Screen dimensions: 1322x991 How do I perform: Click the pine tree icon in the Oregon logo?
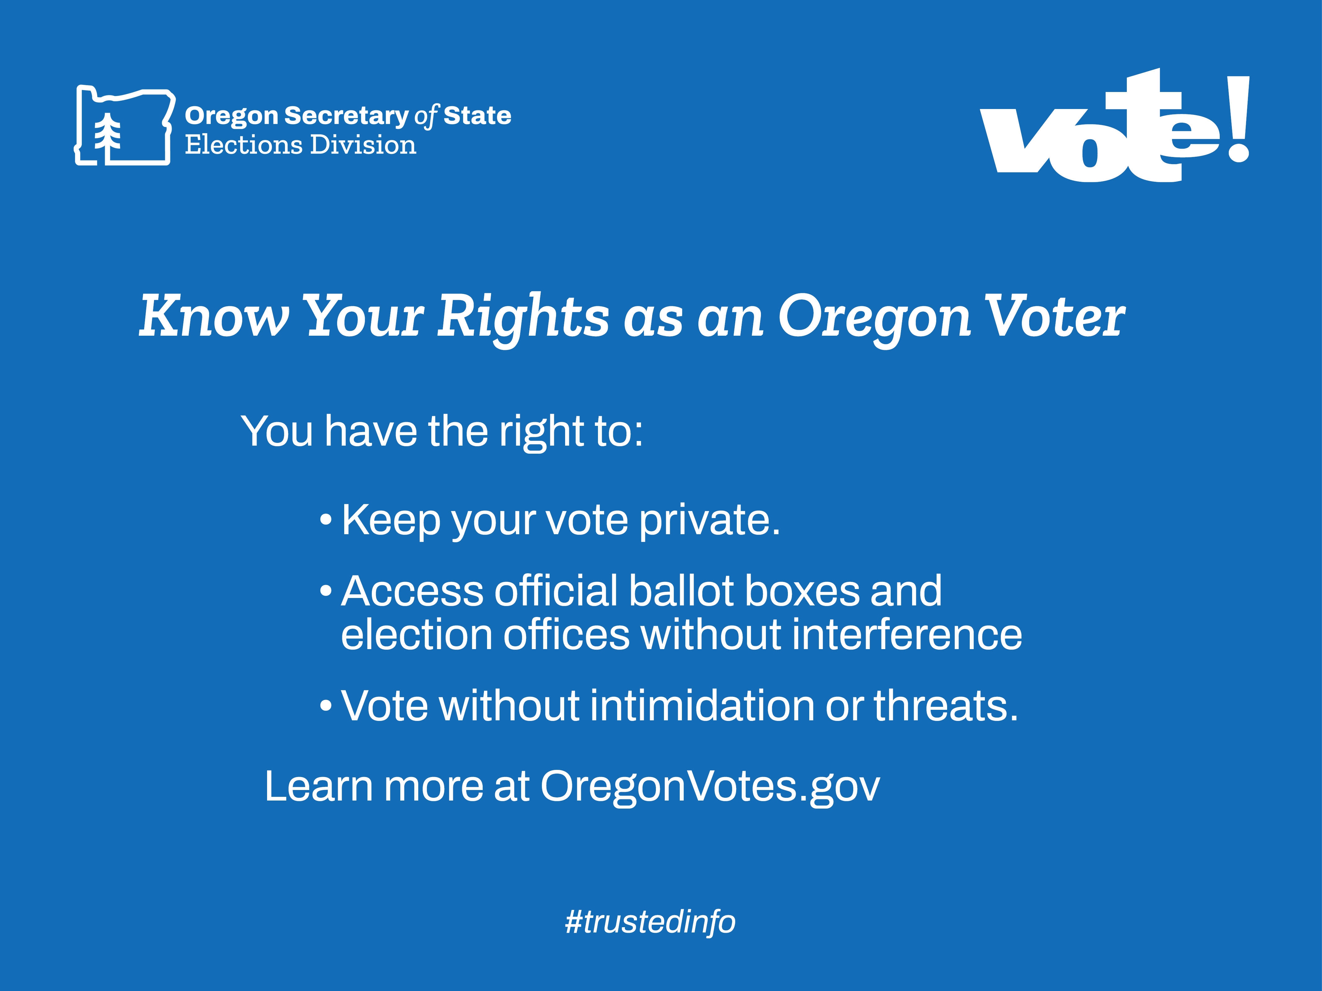108,138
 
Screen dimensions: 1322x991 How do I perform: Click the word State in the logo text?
477,116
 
